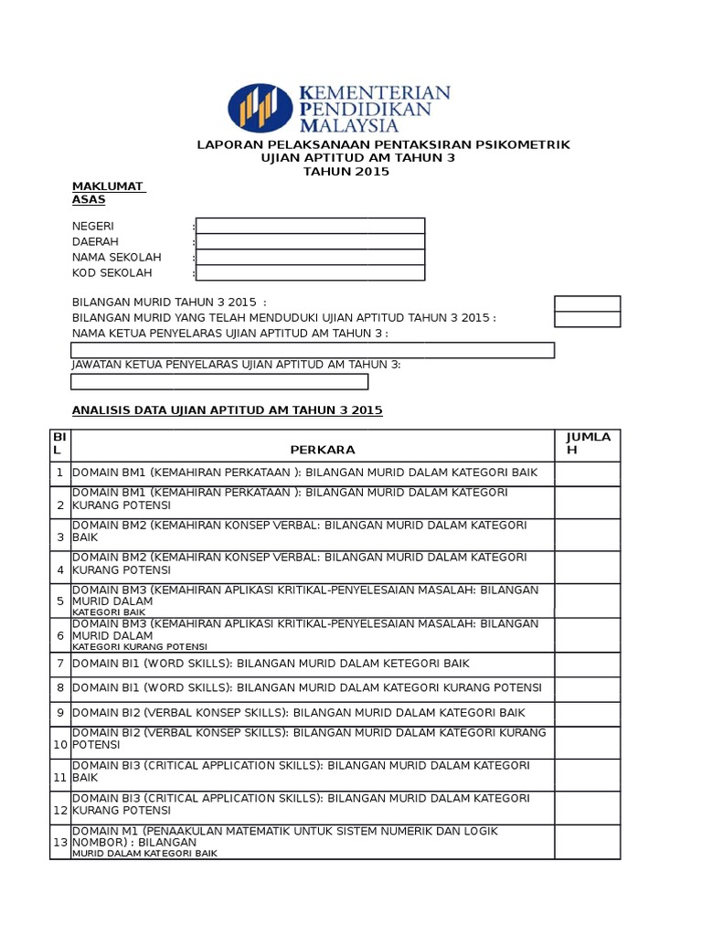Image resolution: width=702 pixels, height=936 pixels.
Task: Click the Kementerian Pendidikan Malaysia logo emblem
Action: point(261,108)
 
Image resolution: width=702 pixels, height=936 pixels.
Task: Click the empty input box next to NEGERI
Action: point(310,226)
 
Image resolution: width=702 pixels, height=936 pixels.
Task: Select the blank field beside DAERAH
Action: point(310,241)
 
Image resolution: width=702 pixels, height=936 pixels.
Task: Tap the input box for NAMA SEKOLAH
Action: point(310,257)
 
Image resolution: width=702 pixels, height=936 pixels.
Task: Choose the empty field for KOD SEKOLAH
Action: point(310,272)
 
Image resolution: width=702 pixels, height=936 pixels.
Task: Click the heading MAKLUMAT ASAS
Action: point(108,193)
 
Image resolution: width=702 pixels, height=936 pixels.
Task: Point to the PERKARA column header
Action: point(322,450)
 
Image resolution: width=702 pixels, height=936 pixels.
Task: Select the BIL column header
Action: point(59,443)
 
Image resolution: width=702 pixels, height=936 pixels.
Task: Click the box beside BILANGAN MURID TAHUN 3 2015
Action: point(587,303)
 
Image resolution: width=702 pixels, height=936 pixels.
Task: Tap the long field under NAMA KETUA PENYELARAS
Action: point(313,350)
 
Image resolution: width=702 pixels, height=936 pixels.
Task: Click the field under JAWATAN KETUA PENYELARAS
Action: point(219,381)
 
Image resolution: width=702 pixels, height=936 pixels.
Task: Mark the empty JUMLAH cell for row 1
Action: point(587,473)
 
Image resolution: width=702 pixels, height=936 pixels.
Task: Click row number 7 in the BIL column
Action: point(60,664)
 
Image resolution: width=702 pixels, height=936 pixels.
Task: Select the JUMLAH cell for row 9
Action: point(587,713)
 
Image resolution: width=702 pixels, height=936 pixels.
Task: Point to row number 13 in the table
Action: point(60,842)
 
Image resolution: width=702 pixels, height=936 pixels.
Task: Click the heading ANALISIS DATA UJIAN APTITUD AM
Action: point(227,410)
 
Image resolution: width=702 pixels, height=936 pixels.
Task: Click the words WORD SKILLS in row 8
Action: point(196,687)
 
